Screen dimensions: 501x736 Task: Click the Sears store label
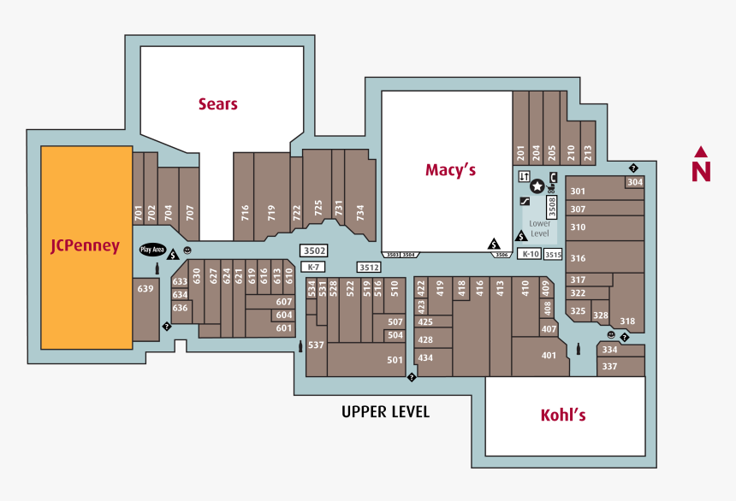pos(217,104)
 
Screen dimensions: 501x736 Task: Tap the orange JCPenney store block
pos(86,246)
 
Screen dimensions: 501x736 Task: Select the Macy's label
pos(450,170)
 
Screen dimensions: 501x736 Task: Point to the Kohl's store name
pos(563,416)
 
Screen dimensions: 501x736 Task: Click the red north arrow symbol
pos(701,165)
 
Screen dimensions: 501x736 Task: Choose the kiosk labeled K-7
pos(313,267)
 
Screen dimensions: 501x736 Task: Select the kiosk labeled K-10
pos(531,254)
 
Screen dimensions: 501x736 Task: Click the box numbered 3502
pos(314,250)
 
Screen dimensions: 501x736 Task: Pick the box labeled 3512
pos(369,267)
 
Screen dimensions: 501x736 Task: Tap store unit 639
pos(145,289)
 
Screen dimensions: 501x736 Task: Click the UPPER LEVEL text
pos(385,412)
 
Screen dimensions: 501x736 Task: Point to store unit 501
pos(395,360)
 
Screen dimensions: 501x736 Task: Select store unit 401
pos(549,356)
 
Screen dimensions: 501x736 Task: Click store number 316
pos(578,258)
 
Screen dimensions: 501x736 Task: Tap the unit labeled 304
pos(634,182)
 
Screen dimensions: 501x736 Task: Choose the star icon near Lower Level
pos(537,186)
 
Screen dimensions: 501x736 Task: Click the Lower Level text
pos(540,228)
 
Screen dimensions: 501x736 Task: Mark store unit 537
pos(316,345)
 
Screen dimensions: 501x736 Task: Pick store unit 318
pos(627,321)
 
